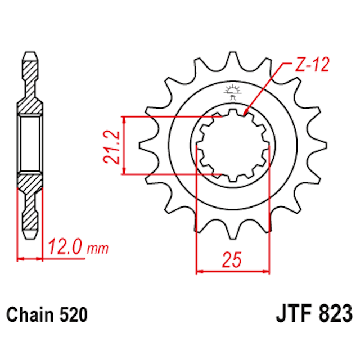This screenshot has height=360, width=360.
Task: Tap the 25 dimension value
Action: click(x=232, y=260)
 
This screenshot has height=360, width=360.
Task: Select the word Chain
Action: click(x=31, y=314)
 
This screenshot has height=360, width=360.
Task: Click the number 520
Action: click(x=73, y=314)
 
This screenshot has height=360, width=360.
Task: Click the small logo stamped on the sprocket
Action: click(x=232, y=91)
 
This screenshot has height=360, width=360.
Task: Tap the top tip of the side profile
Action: click(x=30, y=55)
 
